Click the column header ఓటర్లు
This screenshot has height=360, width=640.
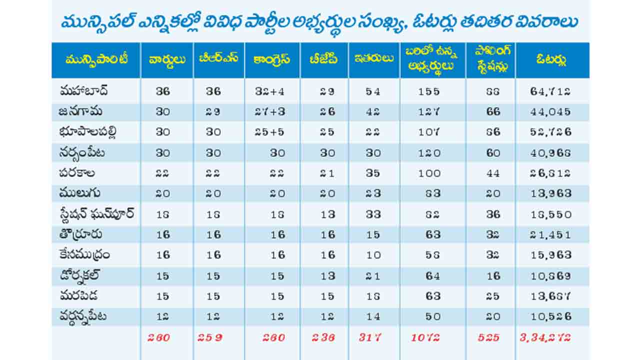tap(551, 60)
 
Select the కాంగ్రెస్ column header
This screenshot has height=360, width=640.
tap(272, 60)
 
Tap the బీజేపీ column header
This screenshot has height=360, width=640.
tap(323, 60)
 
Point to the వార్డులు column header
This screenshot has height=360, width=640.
tap(167, 60)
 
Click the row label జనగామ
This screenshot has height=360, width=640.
tap(76, 111)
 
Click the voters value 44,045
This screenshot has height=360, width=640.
tap(550, 112)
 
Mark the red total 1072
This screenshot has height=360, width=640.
tap(425, 337)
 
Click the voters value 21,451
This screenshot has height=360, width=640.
tap(550, 235)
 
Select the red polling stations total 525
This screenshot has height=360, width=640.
tap(488, 337)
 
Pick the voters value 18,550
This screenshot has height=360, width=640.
tap(550, 214)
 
